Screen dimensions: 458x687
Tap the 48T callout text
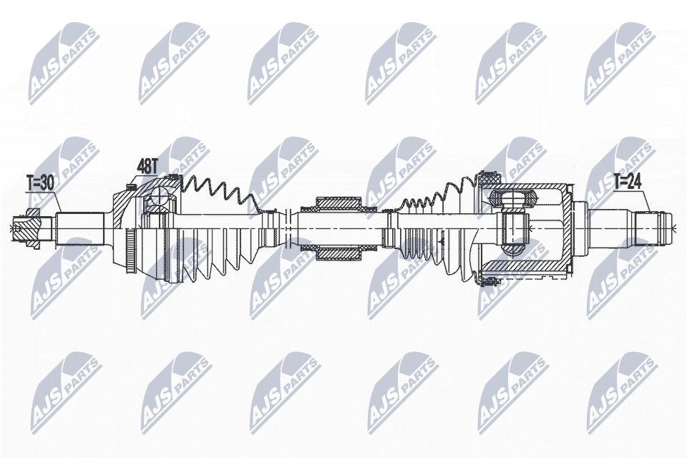(147, 167)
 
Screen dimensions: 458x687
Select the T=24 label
(628, 182)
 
